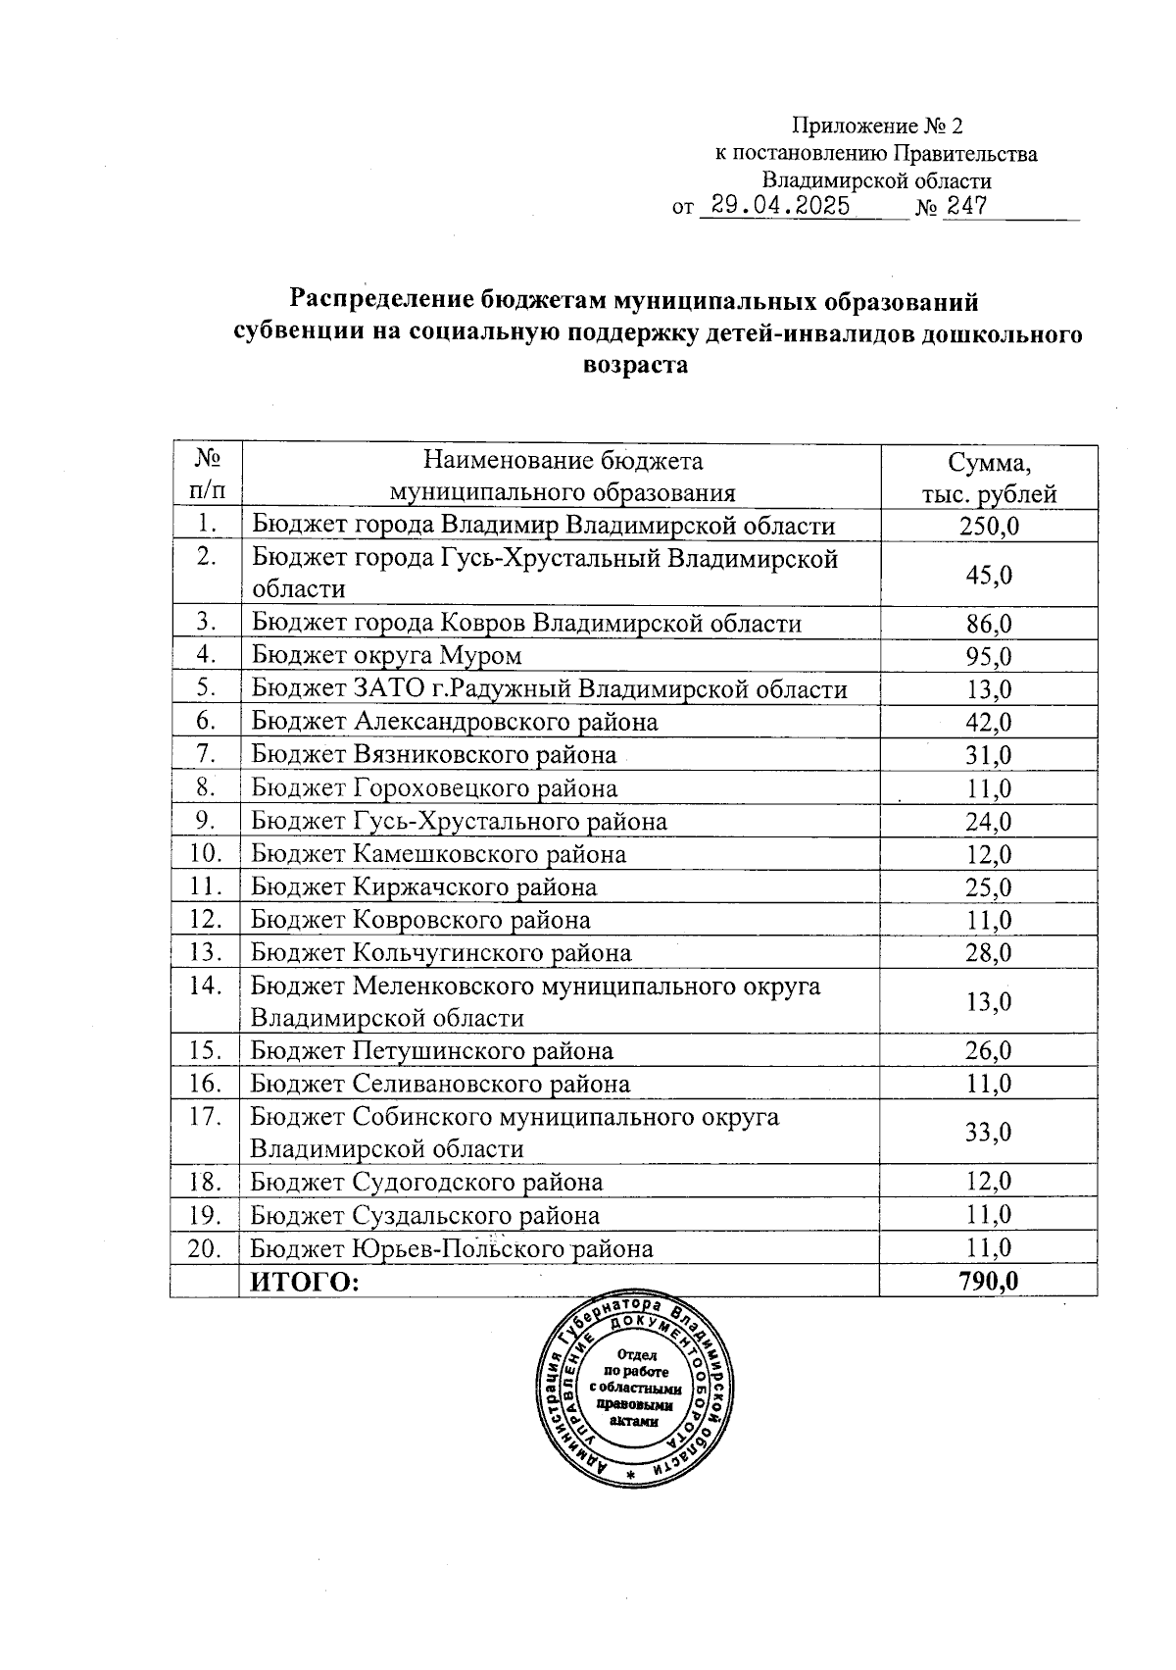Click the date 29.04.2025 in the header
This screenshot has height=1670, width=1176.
[780, 207]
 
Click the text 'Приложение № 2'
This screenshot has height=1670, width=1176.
[877, 127]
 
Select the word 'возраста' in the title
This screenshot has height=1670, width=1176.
[635, 366]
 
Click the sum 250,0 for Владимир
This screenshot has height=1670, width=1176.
[988, 527]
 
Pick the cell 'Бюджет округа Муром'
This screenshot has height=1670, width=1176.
[386, 655]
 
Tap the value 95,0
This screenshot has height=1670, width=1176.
[988, 656]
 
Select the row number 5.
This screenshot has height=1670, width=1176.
[205, 688]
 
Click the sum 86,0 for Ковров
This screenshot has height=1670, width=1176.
[988, 624]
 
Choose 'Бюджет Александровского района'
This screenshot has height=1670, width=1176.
[454, 722]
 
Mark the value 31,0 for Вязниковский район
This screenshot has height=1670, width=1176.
[988, 755]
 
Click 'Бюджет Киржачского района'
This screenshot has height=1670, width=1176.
[423, 887]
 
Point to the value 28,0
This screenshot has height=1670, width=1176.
[988, 953]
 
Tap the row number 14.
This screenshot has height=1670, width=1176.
[205, 986]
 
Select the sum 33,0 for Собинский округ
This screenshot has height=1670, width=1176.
[988, 1133]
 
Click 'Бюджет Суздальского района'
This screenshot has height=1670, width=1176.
[425, 1216]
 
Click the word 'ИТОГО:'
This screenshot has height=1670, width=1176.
[305, 1282]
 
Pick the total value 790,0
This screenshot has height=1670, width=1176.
[988, 1282]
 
